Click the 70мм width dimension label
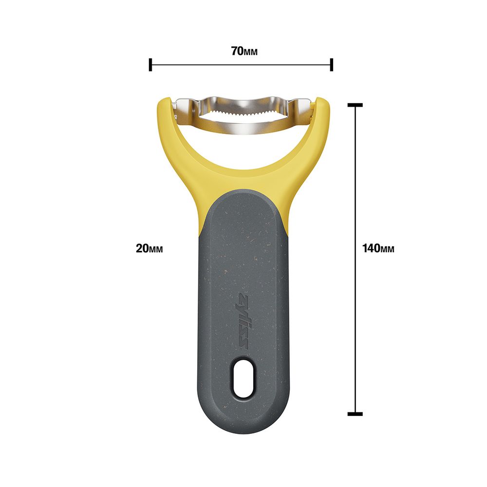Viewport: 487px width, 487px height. coord(244,51)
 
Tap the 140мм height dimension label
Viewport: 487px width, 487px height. coord(378,248)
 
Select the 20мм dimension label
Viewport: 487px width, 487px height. coord(150,248)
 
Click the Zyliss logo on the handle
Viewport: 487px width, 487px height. coord(243,322)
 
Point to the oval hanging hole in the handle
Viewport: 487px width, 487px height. coord(243,378)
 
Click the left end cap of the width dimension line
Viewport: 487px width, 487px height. coord(150,65)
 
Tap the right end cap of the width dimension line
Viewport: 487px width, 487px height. coord(332,65)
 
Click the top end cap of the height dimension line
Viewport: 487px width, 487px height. coord(355,105)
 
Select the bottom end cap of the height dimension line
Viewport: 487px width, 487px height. coord(355,413)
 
